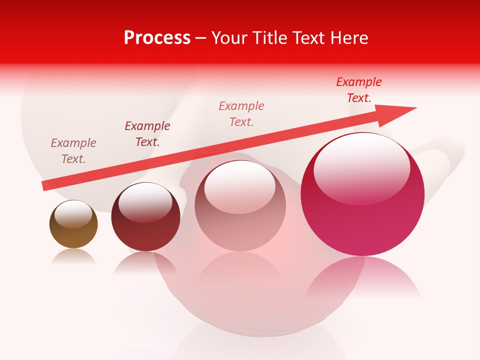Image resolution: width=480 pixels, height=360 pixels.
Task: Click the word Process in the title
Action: (157, 38)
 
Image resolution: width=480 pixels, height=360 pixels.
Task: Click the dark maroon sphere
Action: (145, 217)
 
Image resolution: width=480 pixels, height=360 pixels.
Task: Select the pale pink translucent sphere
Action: (240, 206)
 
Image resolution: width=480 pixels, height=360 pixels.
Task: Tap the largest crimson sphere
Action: (362, 195)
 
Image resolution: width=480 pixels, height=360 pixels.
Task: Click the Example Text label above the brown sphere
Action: (73, 151)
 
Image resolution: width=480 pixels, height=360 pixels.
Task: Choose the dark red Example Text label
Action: (147, 134)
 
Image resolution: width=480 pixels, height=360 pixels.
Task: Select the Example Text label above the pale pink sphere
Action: (241, 114)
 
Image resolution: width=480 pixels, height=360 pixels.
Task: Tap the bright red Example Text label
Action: (359, 90)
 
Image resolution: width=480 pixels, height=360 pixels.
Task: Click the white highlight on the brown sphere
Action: (73, 214)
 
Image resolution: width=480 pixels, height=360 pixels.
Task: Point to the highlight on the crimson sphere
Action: (361, 167)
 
